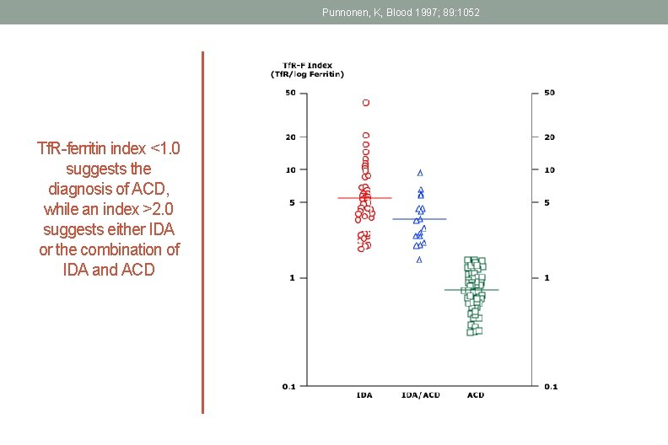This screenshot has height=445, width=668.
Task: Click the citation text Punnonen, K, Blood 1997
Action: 401,12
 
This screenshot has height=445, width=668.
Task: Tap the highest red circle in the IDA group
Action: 366,103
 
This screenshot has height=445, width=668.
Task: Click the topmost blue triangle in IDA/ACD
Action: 420,172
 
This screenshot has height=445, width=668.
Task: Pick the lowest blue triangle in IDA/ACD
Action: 419,260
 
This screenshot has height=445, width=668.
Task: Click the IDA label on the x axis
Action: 365,394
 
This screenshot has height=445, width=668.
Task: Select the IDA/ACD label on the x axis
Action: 420,394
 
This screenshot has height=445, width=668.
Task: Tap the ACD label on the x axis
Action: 475,394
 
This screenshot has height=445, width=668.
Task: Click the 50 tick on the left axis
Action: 290,93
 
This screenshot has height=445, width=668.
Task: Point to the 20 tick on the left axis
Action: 290,137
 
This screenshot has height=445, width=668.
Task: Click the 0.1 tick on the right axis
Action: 550,387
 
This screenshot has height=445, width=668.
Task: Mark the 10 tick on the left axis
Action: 290,169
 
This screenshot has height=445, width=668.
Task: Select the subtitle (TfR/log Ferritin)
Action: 307,74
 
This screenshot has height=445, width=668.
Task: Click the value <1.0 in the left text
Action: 164,149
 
